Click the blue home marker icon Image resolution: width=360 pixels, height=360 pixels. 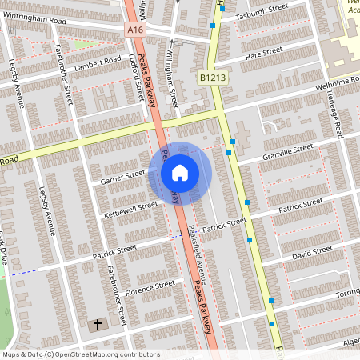click(x=179, y=172)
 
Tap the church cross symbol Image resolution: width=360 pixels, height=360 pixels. click(x=98, y=325)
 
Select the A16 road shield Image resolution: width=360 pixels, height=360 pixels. click(x=135, y=29)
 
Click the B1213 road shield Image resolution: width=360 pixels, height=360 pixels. click(x=210, y=78)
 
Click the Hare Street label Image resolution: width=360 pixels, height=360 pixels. click(x=265, y=54)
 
